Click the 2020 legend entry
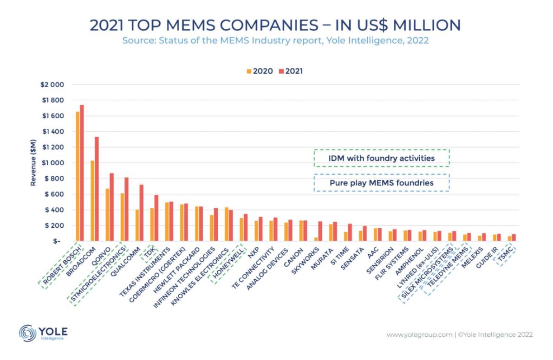coord(260,71)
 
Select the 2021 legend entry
coord(291,71)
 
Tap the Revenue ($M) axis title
coord(33,163)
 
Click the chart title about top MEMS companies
coord(275,25)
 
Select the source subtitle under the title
coord(275,40)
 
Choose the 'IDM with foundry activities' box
coord(382,158)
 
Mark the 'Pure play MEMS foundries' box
coord(382,183)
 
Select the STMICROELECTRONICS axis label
coord(98,274)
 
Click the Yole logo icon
coord(27,334)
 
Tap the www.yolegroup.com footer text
coord(419,334)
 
